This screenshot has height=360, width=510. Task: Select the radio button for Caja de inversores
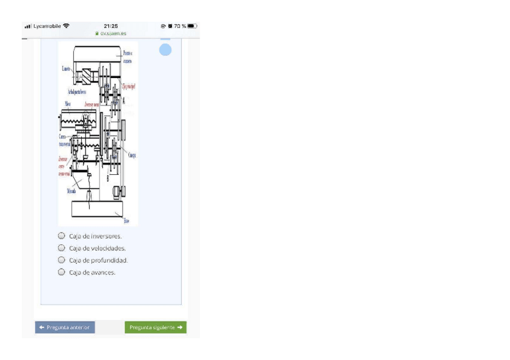point(61,236)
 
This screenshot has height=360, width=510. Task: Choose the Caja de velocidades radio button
point(61,248)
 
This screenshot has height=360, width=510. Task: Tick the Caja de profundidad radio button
point(61,260)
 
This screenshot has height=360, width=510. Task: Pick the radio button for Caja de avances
point(61,272)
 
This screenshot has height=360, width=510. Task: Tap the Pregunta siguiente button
point(156,328)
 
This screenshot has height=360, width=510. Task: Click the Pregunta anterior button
point(64,328)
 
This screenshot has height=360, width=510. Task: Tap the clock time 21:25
point(111,26)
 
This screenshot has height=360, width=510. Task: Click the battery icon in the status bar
point(192,26)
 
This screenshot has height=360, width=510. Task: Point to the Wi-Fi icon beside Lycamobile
point(66,26)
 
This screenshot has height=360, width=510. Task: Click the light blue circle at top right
point(165,50)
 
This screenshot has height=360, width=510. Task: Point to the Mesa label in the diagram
point(68,103)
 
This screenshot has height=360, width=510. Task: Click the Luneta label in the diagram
point(66,69)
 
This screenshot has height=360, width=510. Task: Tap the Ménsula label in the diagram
point(71,191)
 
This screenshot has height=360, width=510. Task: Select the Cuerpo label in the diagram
point(132,154)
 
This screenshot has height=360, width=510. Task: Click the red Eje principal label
point(129,87)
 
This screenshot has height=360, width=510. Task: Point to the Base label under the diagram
point(126,221)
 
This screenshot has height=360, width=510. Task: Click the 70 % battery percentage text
point(179,26)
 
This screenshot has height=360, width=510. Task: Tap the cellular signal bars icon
point(28,26)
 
